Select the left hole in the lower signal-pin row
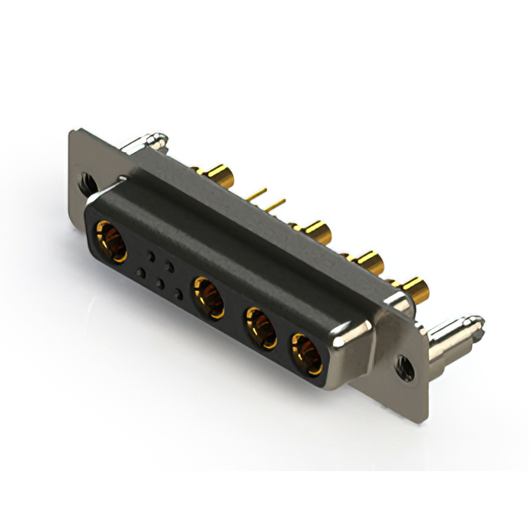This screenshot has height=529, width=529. [x=141, y=274]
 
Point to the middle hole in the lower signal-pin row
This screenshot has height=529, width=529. [x=160, y=284]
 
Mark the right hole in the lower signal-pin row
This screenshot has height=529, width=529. [x=179, y=295]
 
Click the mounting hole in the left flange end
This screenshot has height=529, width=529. [x=86, y=178]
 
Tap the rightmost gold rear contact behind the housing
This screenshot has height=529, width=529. [x=415, y=288]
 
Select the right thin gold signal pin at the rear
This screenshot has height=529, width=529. [x=277, y=203]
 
